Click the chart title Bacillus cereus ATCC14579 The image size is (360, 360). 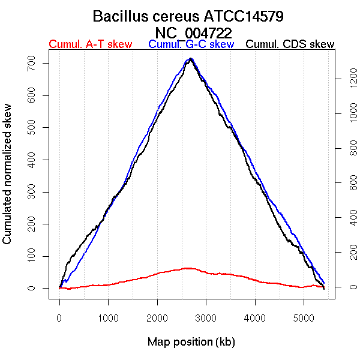192,16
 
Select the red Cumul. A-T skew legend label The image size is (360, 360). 90,44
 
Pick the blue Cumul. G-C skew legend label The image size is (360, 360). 191,44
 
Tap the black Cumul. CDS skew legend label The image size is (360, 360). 290,44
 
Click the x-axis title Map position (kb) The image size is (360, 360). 191,342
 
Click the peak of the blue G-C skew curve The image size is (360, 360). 190,59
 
